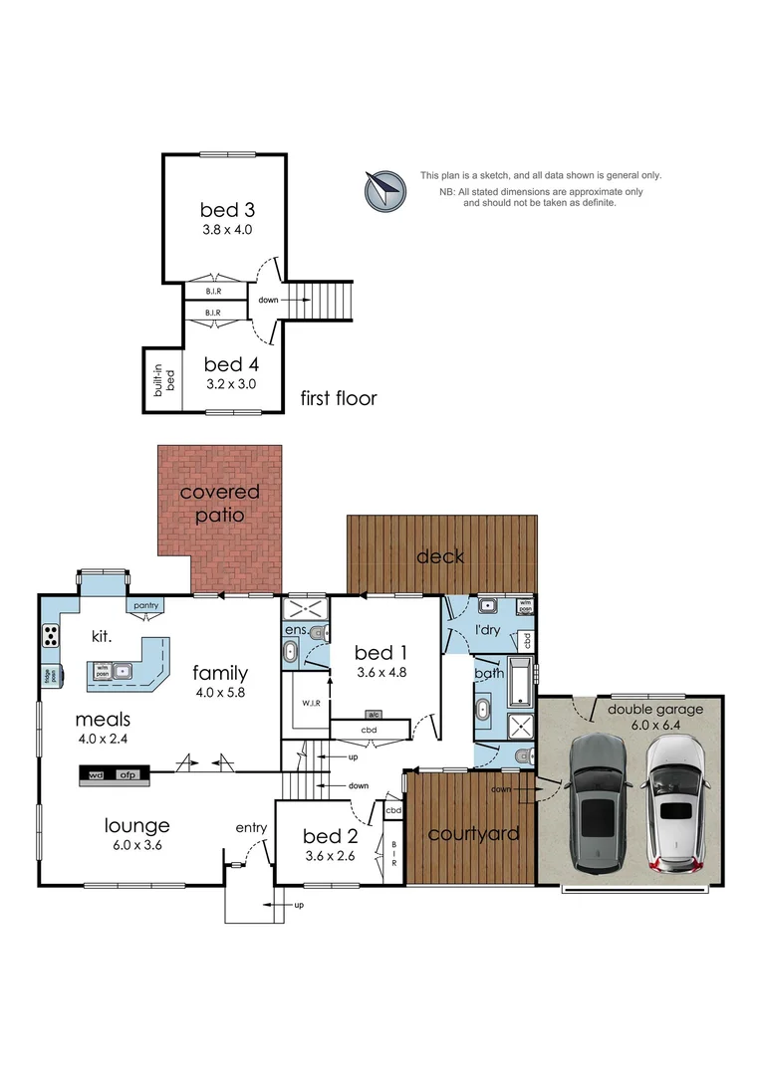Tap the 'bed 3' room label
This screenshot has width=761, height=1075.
point(227,210)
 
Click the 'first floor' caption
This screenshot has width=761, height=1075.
point(339,399)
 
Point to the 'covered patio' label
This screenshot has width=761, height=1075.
point(219,504)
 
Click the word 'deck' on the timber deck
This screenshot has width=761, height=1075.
point(440,556)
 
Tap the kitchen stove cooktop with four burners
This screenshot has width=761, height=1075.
point(49,635)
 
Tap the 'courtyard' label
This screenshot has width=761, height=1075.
point(473,834)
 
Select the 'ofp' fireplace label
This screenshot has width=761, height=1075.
point(127,773)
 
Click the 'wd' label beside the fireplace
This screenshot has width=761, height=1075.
point(97,773)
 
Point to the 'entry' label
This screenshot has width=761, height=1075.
point(250,828)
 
